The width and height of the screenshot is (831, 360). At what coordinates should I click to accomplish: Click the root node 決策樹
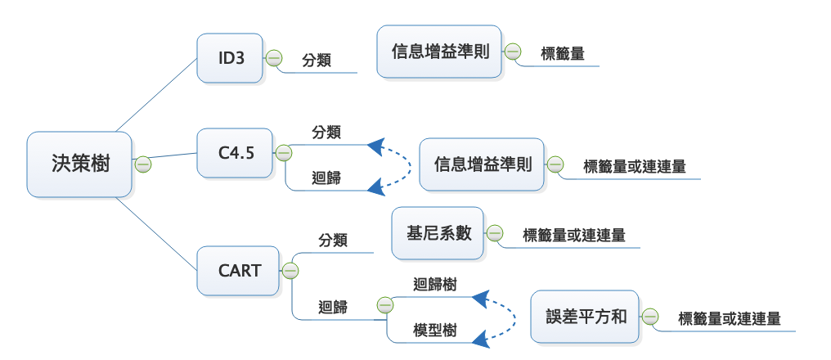pos(79,164)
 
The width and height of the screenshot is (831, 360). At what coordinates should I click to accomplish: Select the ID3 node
pos(231,58)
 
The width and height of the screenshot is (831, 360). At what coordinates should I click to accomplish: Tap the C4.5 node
pos(236,152)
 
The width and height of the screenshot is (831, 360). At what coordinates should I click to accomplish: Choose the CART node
pos(239,269)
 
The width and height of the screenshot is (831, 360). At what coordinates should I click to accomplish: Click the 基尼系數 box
pos(438,233)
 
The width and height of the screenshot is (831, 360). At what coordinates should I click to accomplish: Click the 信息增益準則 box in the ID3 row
pos(440,52)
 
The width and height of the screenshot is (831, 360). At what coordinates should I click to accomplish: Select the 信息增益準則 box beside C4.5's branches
pos(482,164)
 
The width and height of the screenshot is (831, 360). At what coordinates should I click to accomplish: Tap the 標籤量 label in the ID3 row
pos(562,55)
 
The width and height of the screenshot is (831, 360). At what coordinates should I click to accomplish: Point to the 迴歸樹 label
pos(434,285)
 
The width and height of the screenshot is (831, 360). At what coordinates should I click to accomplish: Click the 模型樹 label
pos(434,331)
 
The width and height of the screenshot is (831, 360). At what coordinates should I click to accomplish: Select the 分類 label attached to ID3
pos(317,60)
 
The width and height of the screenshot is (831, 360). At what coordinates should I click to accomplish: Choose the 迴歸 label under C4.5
pos(326,178)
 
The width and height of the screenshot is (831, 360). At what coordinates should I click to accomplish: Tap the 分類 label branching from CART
pos(333,241)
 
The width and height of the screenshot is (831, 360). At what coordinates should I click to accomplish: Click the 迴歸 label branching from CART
pos(333,308)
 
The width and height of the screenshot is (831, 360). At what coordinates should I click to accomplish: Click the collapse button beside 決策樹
pos(143,164)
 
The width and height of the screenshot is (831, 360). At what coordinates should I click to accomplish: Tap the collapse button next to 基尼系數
pos(496,233)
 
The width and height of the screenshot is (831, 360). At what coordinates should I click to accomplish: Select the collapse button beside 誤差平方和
pos(650,317)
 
